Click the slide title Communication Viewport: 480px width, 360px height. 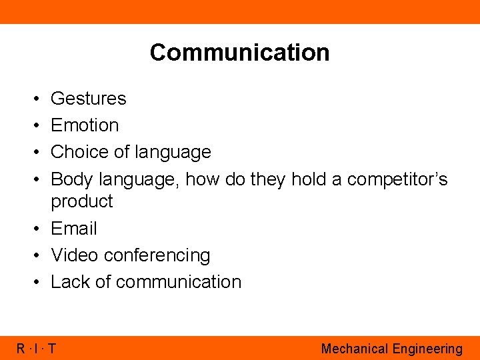pyautogui.click(x=239, y=52)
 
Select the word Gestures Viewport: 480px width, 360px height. pyautogui.click(x=88, y=99)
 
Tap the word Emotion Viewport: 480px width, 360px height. pyautogui.click(x=85, y=125)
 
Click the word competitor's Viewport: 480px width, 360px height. pyautogui.click(x=397, y=179)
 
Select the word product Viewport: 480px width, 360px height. pyautogui.click(x=82, y=201)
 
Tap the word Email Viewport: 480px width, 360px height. pyautogui.click(x=74, y=229)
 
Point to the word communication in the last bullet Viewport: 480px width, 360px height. pyautogui.click(x=178, y=282)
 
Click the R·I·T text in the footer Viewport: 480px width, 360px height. pyautogui.click(x=36, y=348)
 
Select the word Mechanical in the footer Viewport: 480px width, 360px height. pyautogui.click(x=354, y=349)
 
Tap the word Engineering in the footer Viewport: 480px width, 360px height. pyautogui.click(x=427, y=349)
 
